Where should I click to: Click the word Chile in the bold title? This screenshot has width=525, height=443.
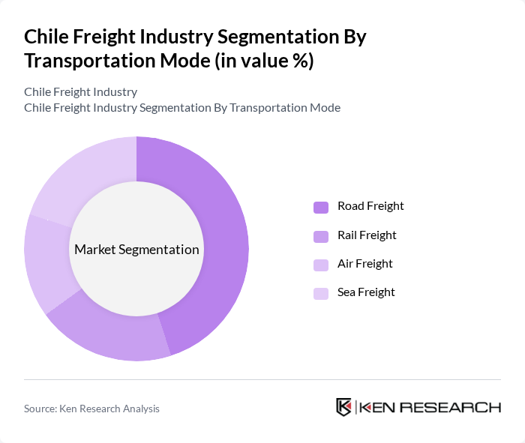pos(46,37)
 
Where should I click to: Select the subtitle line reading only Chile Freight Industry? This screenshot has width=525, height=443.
pos(80,91)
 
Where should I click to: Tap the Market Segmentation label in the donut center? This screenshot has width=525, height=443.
pos(136,250)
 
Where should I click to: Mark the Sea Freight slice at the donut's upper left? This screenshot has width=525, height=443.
pos(79,176)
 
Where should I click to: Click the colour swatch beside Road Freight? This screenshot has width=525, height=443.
pos(321,207)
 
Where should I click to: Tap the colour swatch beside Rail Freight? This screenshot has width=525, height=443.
pos(321,236)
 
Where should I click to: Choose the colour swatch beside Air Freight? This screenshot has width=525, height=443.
pos(321,265)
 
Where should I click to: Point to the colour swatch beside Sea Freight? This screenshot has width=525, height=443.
pos(321,293)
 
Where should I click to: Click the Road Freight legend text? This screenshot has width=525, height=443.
pos(370,206)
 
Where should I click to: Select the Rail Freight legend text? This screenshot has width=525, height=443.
pos(367,235)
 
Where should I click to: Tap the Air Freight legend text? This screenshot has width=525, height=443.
pos(364,264)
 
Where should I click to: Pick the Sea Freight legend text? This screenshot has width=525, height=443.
pos(366,292)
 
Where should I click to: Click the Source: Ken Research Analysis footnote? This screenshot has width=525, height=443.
pos(91,409)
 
